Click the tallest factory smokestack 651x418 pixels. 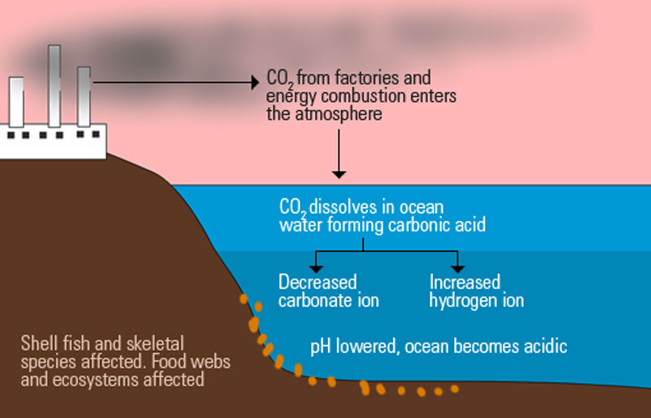[55, 86]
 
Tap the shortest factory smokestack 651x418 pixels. [16, 102]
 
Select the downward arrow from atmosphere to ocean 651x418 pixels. [339, 154]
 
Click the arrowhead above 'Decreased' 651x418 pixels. [316, 269]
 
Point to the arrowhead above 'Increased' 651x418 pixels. [457, 269]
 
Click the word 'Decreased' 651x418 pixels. [317, 282]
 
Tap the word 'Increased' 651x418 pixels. [465, 282]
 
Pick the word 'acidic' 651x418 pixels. [545, 346]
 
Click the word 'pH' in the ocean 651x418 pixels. [321, 347]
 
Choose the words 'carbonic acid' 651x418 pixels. [437, 225]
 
